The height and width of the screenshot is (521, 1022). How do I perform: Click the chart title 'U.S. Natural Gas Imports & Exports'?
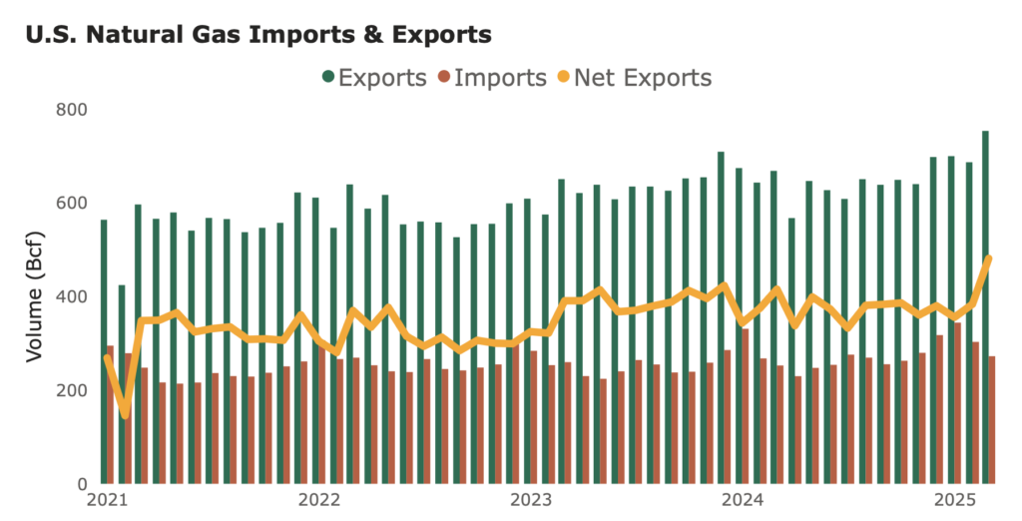(256, 35)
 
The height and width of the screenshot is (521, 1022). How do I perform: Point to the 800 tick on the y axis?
(72, 109)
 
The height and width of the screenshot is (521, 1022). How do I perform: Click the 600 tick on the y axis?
(72, 203)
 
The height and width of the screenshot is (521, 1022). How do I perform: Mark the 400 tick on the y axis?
(72, 296)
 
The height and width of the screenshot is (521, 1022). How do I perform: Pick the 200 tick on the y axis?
(72, 390)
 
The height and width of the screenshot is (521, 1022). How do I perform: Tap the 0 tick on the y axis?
(82, 484)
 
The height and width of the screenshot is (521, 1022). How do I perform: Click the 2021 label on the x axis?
(106, 500)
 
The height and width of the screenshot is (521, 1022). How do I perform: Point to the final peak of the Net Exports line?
(989, 259)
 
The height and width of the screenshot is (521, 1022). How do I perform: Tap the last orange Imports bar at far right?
(992, 420)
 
